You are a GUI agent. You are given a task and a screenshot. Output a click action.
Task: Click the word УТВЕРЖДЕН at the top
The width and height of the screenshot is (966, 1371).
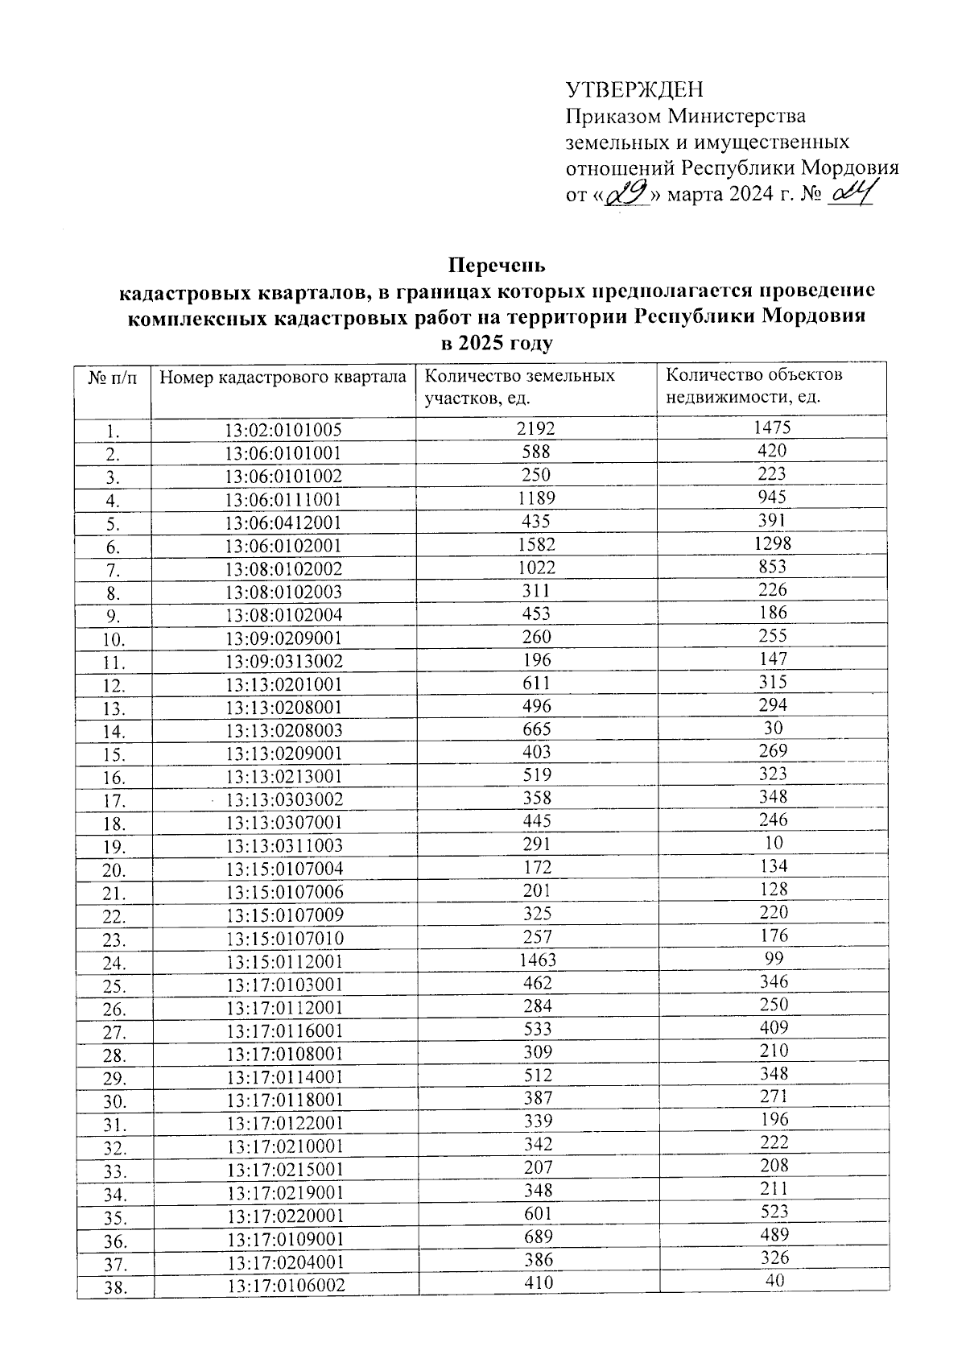pyautogui.click(x=634, y=89)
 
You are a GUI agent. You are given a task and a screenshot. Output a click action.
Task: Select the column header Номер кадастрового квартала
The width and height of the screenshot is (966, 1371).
pyautogui.click(x=283, y=377)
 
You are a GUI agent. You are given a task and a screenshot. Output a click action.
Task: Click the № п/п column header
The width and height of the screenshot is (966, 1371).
pyautogui.click(x=113, y=377)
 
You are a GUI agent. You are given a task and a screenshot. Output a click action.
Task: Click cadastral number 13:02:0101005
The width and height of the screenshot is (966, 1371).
pyautogui.click(x=283, y=431)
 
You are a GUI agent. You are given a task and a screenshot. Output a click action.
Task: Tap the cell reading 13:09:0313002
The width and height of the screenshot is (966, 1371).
pyautogui.click(x=283, y=662)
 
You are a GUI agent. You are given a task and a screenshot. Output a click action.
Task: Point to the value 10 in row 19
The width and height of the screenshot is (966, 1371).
pyautogui.click(x=773, y=844)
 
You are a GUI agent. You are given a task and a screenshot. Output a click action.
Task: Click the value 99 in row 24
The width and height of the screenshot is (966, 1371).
pyautogui.click(x=773, y=959)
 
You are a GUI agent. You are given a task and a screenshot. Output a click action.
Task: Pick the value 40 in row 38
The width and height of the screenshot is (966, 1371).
pyautogui.click(x=774, y=1281)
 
